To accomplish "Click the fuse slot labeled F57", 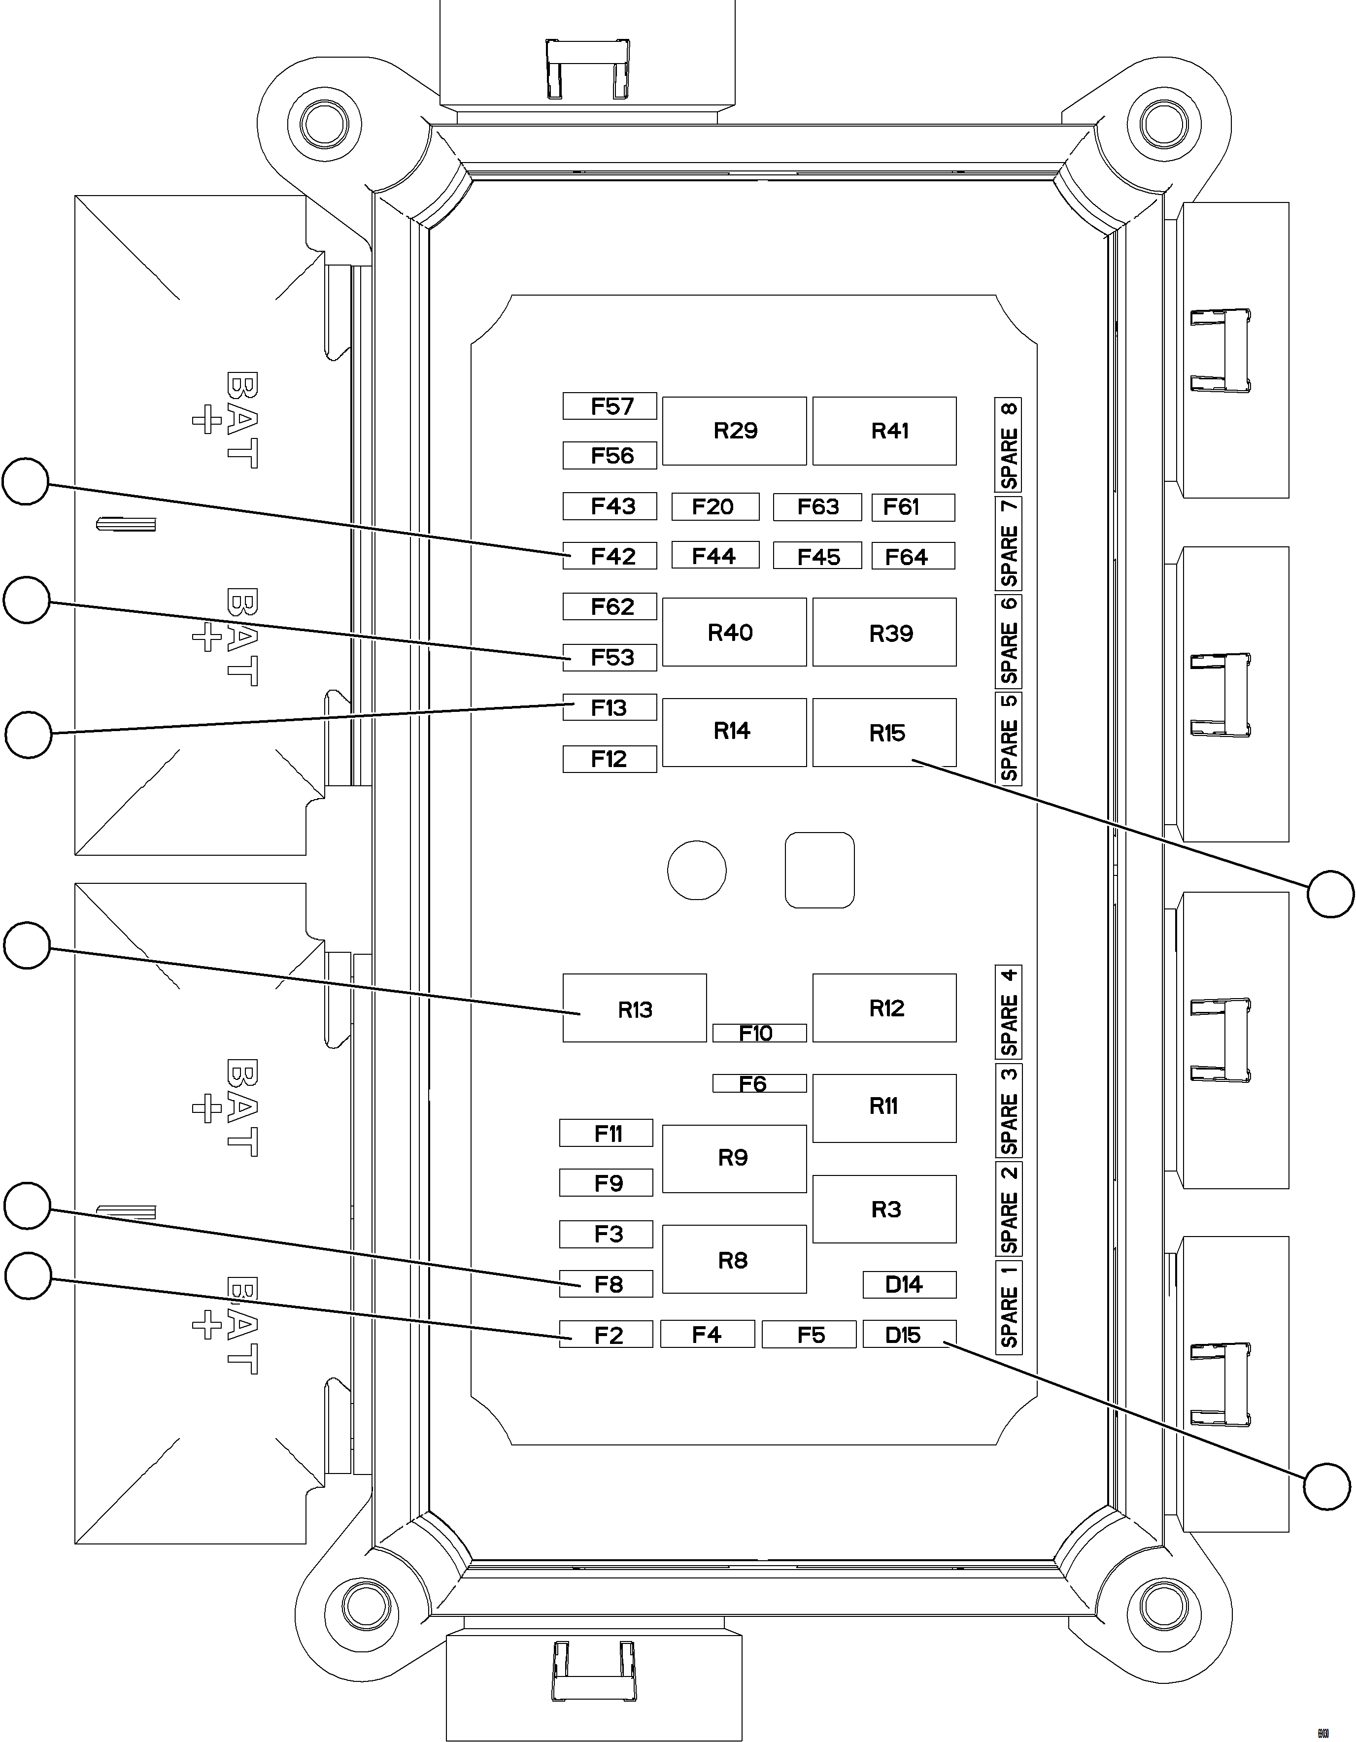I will [x=610, y=406].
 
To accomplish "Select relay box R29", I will [x=734, y=431].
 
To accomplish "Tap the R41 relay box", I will [x=884, y=431].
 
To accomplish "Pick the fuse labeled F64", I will [x=913, y=556].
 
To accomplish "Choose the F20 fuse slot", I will [x=714, y=506].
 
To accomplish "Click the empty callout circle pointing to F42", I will [x=26, y=481].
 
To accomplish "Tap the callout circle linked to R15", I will [x=1330, y=894].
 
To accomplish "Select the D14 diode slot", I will [x=909, y=1284].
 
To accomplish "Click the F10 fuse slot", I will [x=759, y=1033].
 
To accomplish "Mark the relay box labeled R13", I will [x=634, y=1008].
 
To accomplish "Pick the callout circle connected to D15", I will [x=1327, y=1486].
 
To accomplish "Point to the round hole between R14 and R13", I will [x=696, y=870].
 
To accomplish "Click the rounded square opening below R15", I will [x=819, y=870].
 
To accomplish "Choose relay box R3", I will [x=884, y=1209].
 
